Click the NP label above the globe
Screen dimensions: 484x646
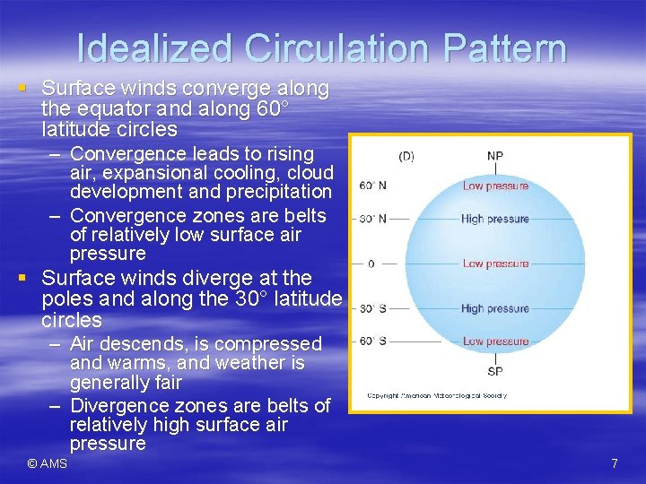click(x=495, y=156)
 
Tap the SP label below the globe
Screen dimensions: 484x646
click(x=495, y=371)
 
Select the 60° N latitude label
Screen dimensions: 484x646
click(x=372, y=186)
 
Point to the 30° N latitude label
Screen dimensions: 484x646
click(x=372, y=219)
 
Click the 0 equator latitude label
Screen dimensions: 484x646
click(x=371, y=264)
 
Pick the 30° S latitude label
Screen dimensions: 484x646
click(x=372, y=308)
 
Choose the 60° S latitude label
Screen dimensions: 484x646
click(x=372, y=341)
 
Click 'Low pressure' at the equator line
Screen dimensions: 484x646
click(x=495, y=264)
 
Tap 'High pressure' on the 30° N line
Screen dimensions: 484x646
click(x=495, y=219)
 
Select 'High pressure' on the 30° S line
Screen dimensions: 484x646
click(x=495, y=308)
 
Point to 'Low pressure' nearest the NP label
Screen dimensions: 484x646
click(x=495, y=186)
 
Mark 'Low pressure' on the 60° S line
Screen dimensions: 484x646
click(x=495, y=341)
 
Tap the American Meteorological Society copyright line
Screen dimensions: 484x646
click(x=437, y=395)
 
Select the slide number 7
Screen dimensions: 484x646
click(x=614, y=463)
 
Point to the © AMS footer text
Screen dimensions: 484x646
click(x=47, y=463)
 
